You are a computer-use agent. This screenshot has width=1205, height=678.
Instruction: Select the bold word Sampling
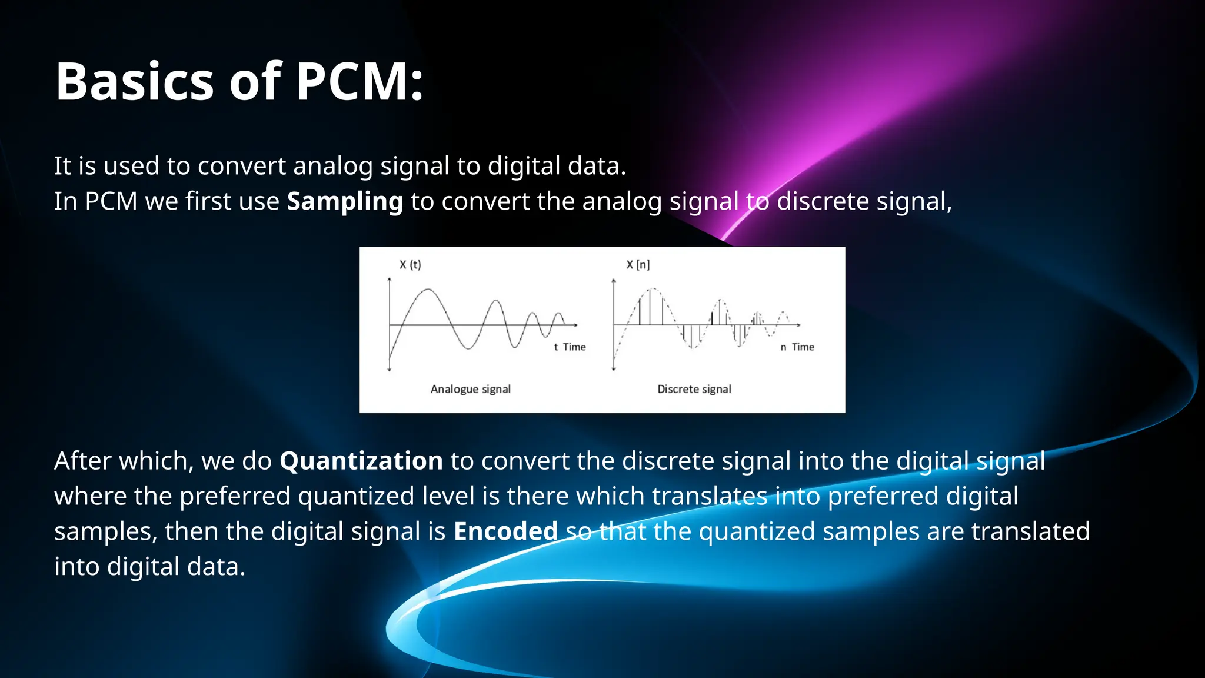point(345,202)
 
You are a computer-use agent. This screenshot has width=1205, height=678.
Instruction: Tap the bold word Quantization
point(361,461)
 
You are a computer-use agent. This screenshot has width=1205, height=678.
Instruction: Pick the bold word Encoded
point(505,531)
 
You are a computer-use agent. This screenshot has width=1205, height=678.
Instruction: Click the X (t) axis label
point(410,265)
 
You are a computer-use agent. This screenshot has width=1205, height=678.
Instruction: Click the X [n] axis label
point(638,265)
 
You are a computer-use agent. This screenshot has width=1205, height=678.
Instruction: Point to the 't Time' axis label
point(570,347)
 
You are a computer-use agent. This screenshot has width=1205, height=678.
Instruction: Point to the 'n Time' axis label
point(797,347)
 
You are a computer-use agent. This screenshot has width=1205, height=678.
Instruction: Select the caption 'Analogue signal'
point(470,389)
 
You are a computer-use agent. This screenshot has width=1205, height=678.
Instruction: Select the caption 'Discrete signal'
point(694,389)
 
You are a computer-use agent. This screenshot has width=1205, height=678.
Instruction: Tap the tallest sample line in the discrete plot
point(650,306)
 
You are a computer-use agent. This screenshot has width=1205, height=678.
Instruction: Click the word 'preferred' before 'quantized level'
point(235,496)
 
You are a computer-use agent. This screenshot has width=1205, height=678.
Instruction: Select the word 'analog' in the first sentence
point(332,167)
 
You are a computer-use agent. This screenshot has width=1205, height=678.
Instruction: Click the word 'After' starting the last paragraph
point(83,461)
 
